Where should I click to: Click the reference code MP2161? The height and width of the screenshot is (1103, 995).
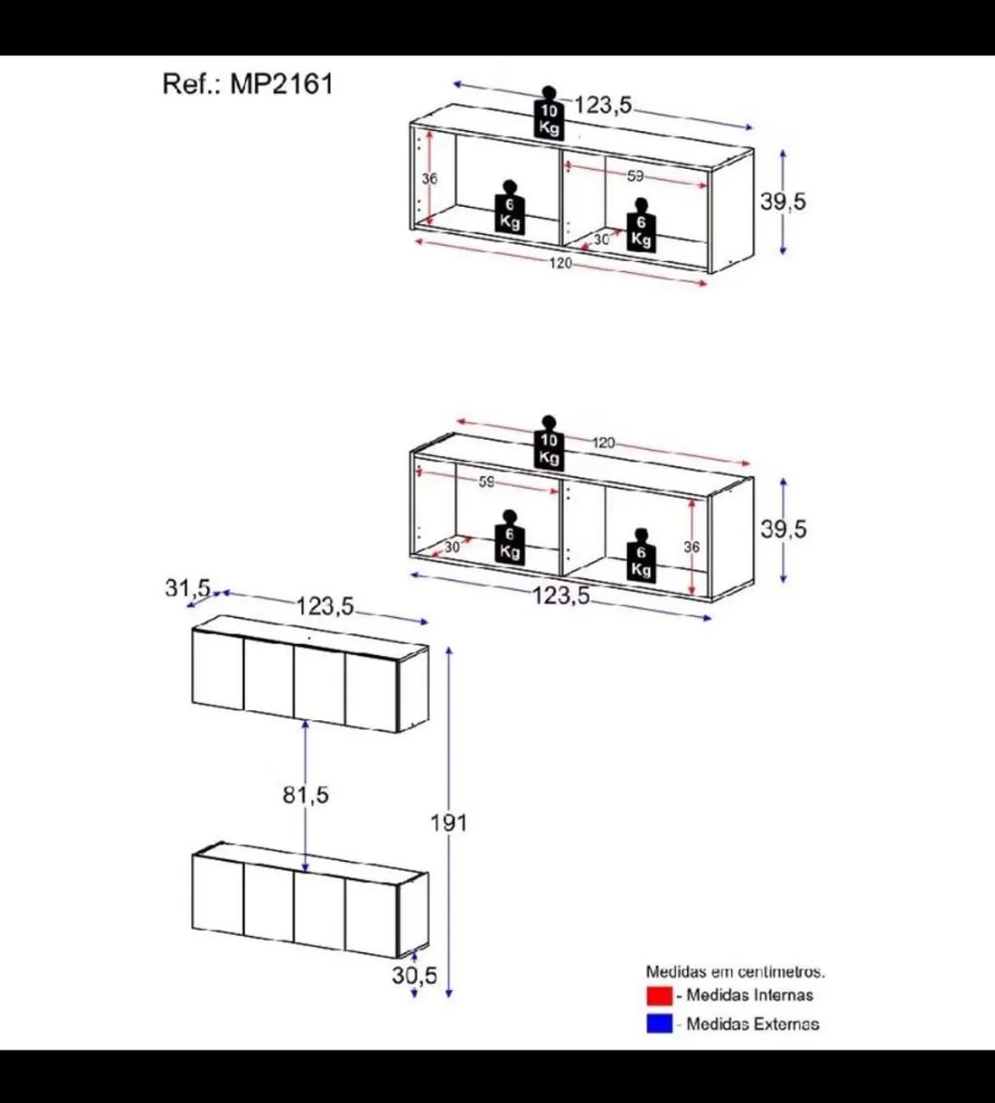(281, 84)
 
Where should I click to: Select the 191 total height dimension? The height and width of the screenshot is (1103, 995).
(448, 823)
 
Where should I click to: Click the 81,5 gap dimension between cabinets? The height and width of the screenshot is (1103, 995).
(305, 795)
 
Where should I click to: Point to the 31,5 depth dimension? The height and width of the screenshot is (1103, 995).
(188, 589)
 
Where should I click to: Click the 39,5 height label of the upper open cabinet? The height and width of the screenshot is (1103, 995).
(783, 202)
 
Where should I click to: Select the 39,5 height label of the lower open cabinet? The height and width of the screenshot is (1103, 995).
(783, 529)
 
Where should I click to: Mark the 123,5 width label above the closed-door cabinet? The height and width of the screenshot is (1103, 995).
(325, 606)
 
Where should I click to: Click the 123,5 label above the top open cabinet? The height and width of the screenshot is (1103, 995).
(604, 104)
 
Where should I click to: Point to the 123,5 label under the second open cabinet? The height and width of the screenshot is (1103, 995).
(561, 595)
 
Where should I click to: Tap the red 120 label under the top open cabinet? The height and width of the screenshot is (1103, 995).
(560, 264)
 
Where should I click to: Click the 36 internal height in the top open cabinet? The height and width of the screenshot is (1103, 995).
(429, 178)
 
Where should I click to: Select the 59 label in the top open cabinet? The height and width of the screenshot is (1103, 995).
(635, 176)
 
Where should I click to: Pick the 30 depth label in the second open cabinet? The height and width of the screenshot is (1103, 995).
(452, 547)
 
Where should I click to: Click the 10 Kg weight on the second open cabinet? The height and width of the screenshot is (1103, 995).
(548, 443)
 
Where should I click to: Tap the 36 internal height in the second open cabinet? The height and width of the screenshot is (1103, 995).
(691, 546)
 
